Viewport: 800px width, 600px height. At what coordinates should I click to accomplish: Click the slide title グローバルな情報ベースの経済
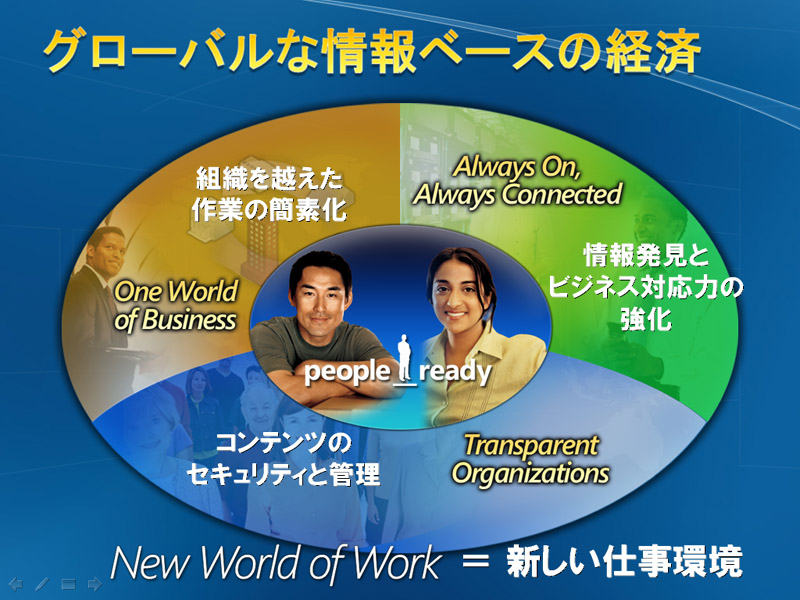click(372, 51)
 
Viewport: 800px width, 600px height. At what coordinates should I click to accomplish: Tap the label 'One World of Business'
click(176, 306)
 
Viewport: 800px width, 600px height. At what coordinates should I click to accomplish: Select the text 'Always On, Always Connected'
click(517, 181)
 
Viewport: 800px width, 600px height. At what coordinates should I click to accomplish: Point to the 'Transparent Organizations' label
click(531, 459)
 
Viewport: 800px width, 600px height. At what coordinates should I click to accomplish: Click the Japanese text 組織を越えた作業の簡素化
click(269, 194)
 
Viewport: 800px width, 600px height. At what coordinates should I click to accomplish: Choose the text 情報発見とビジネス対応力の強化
click(646, 287)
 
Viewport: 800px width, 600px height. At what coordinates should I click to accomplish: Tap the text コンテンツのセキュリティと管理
click(284, 459)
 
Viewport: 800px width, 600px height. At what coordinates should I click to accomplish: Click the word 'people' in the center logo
click(347, 371)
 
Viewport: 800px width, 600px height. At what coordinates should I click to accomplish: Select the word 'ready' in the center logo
click(455, 371)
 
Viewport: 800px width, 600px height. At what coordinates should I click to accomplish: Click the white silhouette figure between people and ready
click(405, 358)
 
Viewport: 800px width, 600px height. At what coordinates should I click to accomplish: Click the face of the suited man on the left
click(106, 254)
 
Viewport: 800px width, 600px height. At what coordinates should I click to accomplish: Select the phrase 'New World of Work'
click(276, 563)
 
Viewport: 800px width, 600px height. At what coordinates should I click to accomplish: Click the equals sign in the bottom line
click(475, 562)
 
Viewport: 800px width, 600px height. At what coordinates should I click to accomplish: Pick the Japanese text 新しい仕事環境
click(623, 562)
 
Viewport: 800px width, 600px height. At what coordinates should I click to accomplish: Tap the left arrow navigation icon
click(16, 584)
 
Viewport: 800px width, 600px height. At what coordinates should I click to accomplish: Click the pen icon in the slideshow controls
click(42, 584)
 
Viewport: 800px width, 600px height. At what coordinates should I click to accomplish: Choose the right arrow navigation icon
click(94, 584)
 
